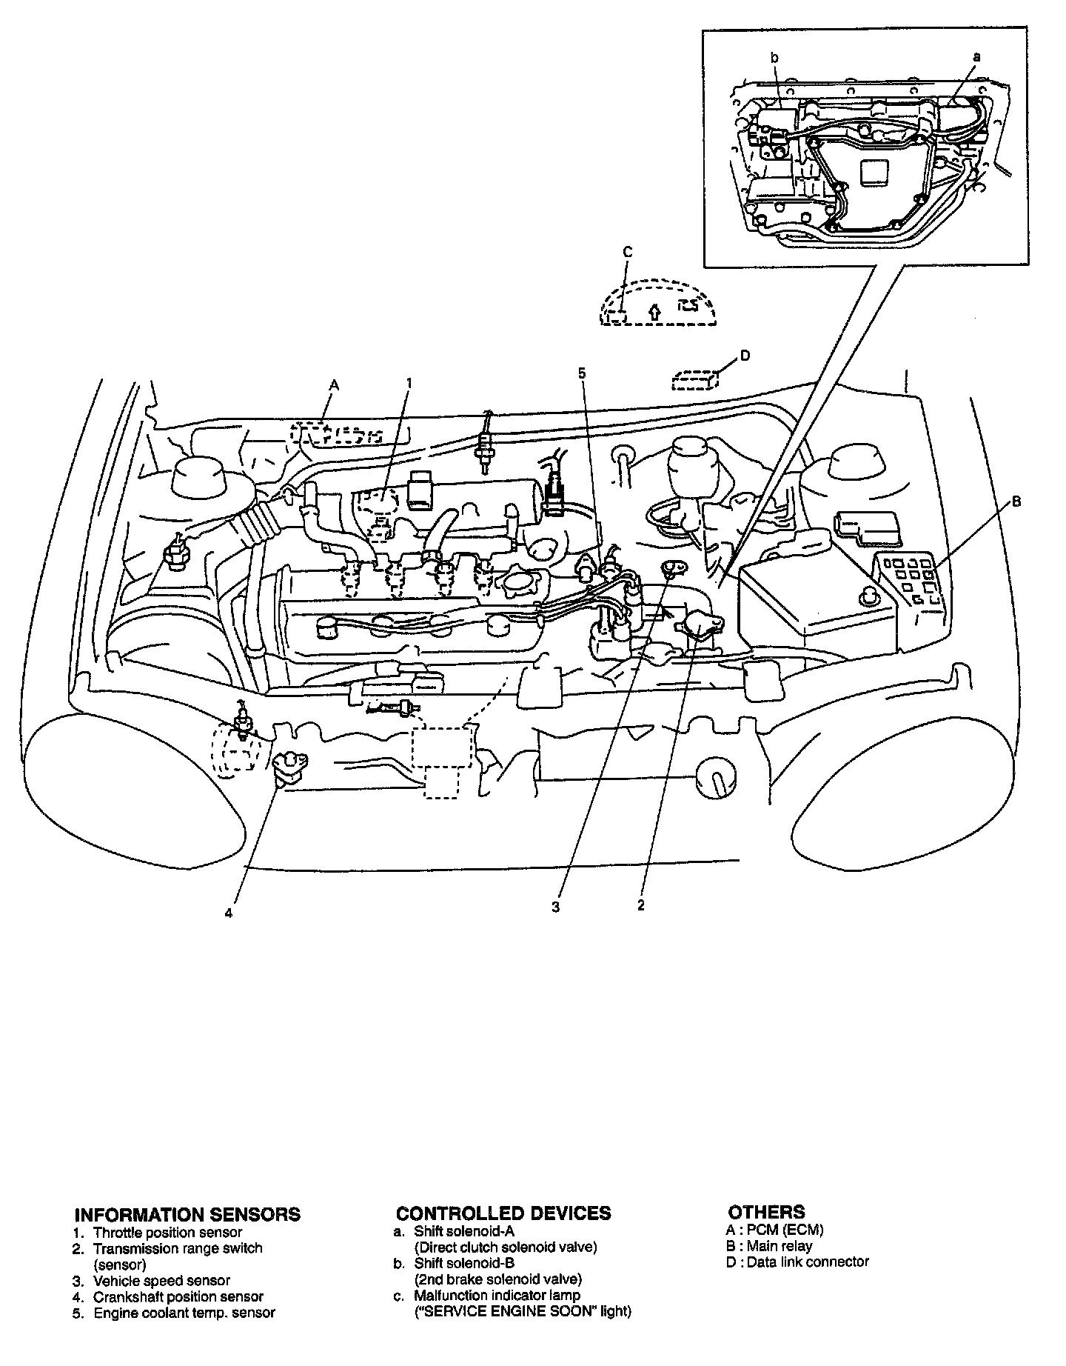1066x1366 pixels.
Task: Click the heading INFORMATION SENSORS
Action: tap(187, 1214)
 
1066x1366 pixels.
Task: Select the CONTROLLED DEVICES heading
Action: tap(503, 1213)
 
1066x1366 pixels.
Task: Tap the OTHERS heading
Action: tap(766, 1212)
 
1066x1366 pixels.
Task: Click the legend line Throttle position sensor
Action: tap(167, 1233)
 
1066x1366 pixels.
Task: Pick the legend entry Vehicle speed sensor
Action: tap(161, 1280)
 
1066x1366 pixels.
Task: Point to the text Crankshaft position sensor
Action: tap(178, 1296)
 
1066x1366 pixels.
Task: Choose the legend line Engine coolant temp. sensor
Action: tap(184, 1313)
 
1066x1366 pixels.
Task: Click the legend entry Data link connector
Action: tap(808, 1262)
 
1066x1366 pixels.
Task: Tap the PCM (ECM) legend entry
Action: tap(785, 1230)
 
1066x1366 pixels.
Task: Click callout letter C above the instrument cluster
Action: tap(627, 253)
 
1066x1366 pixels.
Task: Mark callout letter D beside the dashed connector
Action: tap(745, 356)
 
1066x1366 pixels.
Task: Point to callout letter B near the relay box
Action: tap(1016, 502)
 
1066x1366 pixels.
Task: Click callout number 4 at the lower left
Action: tap(229, 913)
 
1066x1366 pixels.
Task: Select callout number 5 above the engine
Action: tap(582, 373)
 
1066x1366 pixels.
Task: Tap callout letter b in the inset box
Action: tap(774, 57)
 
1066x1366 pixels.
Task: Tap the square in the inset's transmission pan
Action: tap(875, 176)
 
